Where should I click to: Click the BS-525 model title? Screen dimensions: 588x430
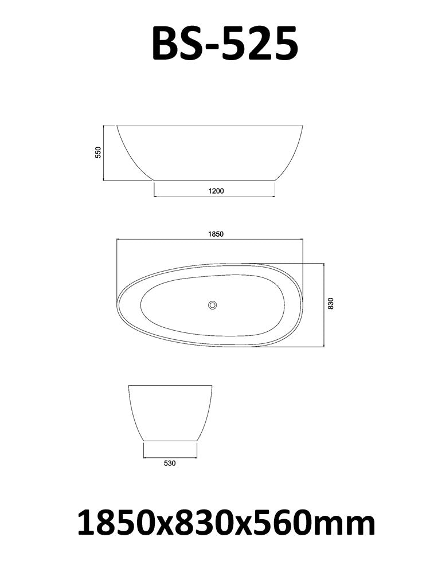tap(225, 44)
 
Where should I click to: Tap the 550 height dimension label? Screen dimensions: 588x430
tap(98, 152)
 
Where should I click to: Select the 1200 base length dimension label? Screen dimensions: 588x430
tap(216, 191)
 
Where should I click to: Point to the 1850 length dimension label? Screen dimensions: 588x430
tap(214, 234)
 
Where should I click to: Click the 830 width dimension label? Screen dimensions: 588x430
tap(331, 304)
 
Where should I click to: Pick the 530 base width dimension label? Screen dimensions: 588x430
tap(169, 464)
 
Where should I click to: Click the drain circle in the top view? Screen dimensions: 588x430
tap(213, 305)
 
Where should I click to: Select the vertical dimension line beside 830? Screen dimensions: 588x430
tap(325, 305)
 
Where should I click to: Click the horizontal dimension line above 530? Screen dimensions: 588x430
tap(170, 457)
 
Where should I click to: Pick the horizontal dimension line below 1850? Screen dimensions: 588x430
tap(210, 240)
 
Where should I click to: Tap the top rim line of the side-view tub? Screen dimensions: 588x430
tap(210, 125)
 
